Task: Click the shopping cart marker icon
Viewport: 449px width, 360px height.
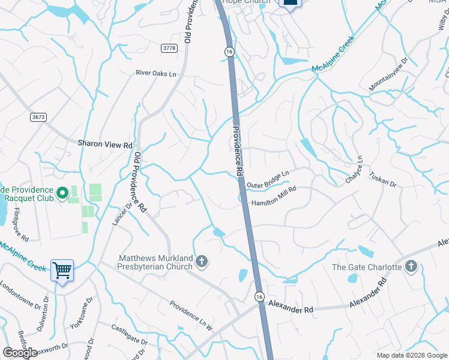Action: coord(62,271)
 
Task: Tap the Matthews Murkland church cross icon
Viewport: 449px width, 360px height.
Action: coord(202,261)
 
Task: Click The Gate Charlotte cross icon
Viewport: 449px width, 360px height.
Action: coord(411,266)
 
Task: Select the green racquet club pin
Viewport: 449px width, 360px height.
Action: coord(62,194)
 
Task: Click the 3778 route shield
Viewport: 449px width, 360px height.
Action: coord(170,47)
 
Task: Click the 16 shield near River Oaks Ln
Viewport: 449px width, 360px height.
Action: coord(229,52)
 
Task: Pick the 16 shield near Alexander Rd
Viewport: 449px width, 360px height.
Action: coord(259,296)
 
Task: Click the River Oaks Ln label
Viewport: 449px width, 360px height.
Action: coord(156,74)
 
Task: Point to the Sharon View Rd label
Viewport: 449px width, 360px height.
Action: coord(105,145)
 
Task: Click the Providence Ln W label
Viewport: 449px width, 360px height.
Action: coord(190,316)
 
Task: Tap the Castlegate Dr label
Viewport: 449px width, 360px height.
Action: coord(129,335)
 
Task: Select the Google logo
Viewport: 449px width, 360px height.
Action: coord(20,353)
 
